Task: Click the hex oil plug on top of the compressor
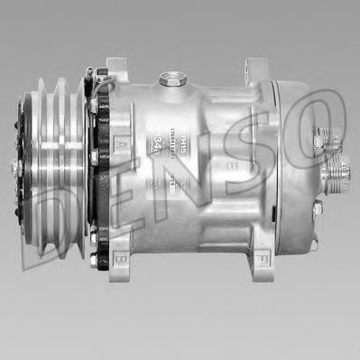[168, 79]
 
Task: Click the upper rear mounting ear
[255, 70]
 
